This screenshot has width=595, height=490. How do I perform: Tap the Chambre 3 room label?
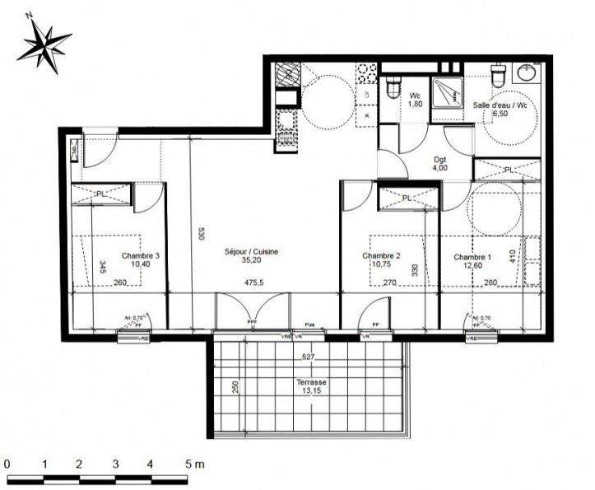click(x=140, y=256)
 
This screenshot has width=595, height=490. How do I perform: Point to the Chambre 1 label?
click(x=472, y=257)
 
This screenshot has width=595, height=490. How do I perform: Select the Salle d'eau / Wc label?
click(x=500, y=105)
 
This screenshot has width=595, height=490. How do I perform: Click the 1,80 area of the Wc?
click(x=416, y=106)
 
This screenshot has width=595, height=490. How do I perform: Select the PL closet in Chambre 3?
click(x=101, y=194)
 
